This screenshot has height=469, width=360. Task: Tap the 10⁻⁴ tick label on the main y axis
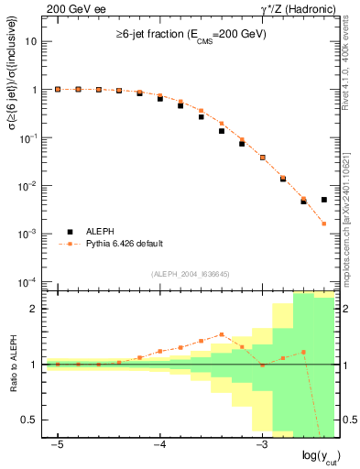30,281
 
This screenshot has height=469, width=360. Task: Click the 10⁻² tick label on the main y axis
30,186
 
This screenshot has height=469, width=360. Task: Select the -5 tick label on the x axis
57,444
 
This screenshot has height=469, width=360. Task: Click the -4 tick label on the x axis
158,444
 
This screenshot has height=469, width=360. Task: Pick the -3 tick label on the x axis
261,444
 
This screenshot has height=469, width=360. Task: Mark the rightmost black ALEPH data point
324,199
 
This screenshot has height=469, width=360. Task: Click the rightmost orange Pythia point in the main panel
324,224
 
